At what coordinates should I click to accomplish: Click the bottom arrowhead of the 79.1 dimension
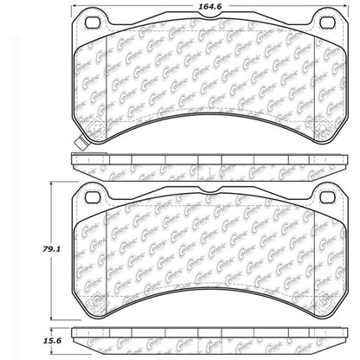click(x=58, y=318)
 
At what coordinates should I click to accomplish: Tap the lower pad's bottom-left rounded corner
click(x=80, y=307)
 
